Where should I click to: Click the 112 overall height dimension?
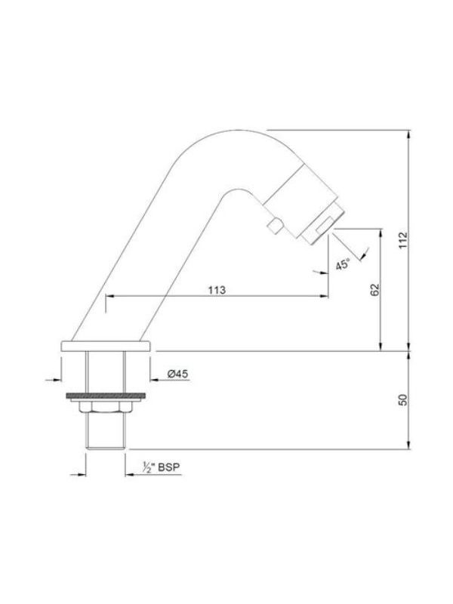click(x=403, y=240)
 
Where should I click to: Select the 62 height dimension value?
click(x=374, y=290)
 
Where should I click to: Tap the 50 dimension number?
click(x=402, y=399)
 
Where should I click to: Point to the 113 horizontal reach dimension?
click(x=217, y=290)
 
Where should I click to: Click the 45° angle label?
click(x=343, y=265)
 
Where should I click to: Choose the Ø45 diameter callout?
click(x=177, y=373)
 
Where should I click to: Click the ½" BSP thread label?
click(x=162, y=467)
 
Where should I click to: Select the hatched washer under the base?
click(x=106, y=396)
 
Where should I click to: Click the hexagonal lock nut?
click(x=106, y=407)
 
